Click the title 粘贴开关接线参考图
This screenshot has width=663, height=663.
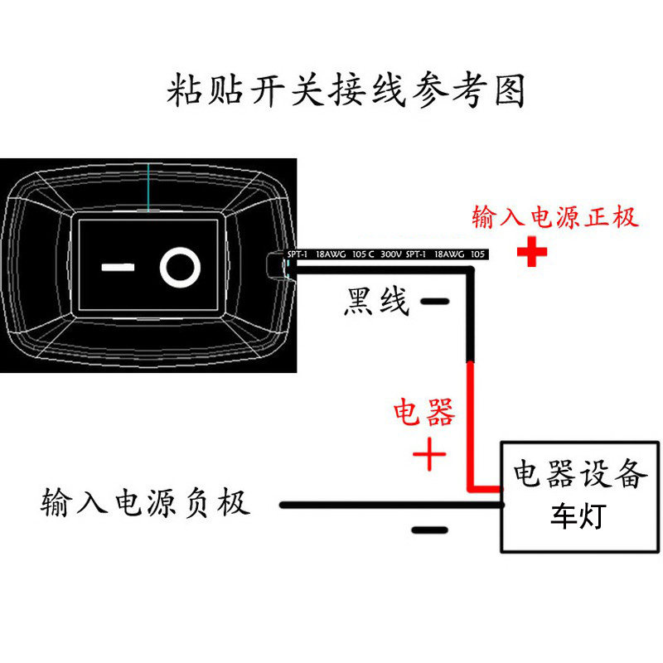click(x=346, y=90)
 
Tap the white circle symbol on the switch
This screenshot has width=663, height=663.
click(x=180, y=267)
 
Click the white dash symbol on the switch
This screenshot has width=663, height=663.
click(x=118, y=268)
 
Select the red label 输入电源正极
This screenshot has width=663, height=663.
click(x=554, y=218)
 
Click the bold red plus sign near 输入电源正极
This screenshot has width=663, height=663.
click(x=532, y=253)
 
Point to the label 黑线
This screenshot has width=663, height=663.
click(x=376, y=302)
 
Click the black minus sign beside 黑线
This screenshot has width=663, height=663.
click(x=434, y=302)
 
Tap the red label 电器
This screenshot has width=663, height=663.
click(x=423, y=412)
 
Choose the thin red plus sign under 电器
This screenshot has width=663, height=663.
click(x=429, y=454)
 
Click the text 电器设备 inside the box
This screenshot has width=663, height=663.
click(x=579, y=475)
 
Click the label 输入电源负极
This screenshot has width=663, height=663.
click(x=145, y=503)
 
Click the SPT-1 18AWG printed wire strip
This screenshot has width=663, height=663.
click(x=385, y=254)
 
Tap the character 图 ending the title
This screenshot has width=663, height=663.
click(x=510, y=90)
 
